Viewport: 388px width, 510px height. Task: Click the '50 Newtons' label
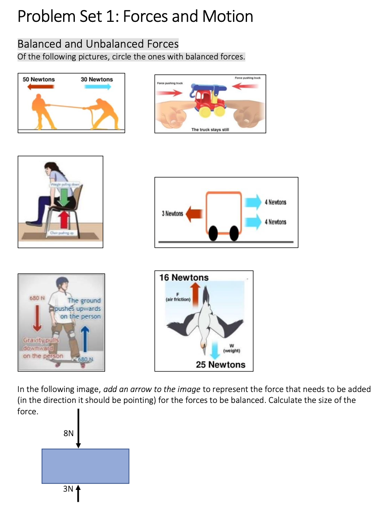click(39, 79)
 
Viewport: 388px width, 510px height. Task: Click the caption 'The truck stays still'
click(210, 129)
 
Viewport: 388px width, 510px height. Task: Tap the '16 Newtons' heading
click(184, 278)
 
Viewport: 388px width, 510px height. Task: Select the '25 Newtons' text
click(220, 364)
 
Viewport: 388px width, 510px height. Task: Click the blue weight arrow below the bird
click(215, 350)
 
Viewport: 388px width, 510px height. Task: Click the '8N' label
click(68, 433)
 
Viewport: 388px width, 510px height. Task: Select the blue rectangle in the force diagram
click(85, 466)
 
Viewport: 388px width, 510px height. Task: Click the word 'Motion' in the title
click(228, 17)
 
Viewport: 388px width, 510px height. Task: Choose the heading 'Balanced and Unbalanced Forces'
click(98, 44)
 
